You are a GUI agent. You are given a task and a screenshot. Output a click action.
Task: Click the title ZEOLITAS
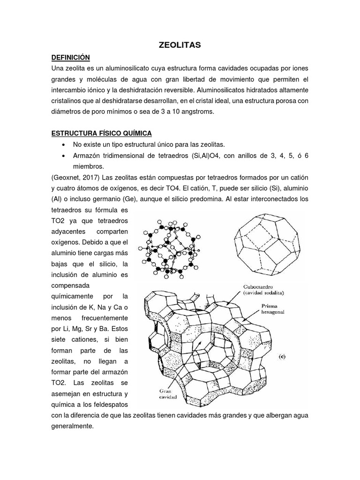pyautogui.click(x=180, y=45)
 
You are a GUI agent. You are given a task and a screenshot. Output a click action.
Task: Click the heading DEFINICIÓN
pyautogui.click(x=70, y=57)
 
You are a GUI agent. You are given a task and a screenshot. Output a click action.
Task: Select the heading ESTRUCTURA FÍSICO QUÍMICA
pyautogui.click(x=102, y=134)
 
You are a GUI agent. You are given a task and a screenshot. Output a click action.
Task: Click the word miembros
pyautogui.click(x=88, y=167)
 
